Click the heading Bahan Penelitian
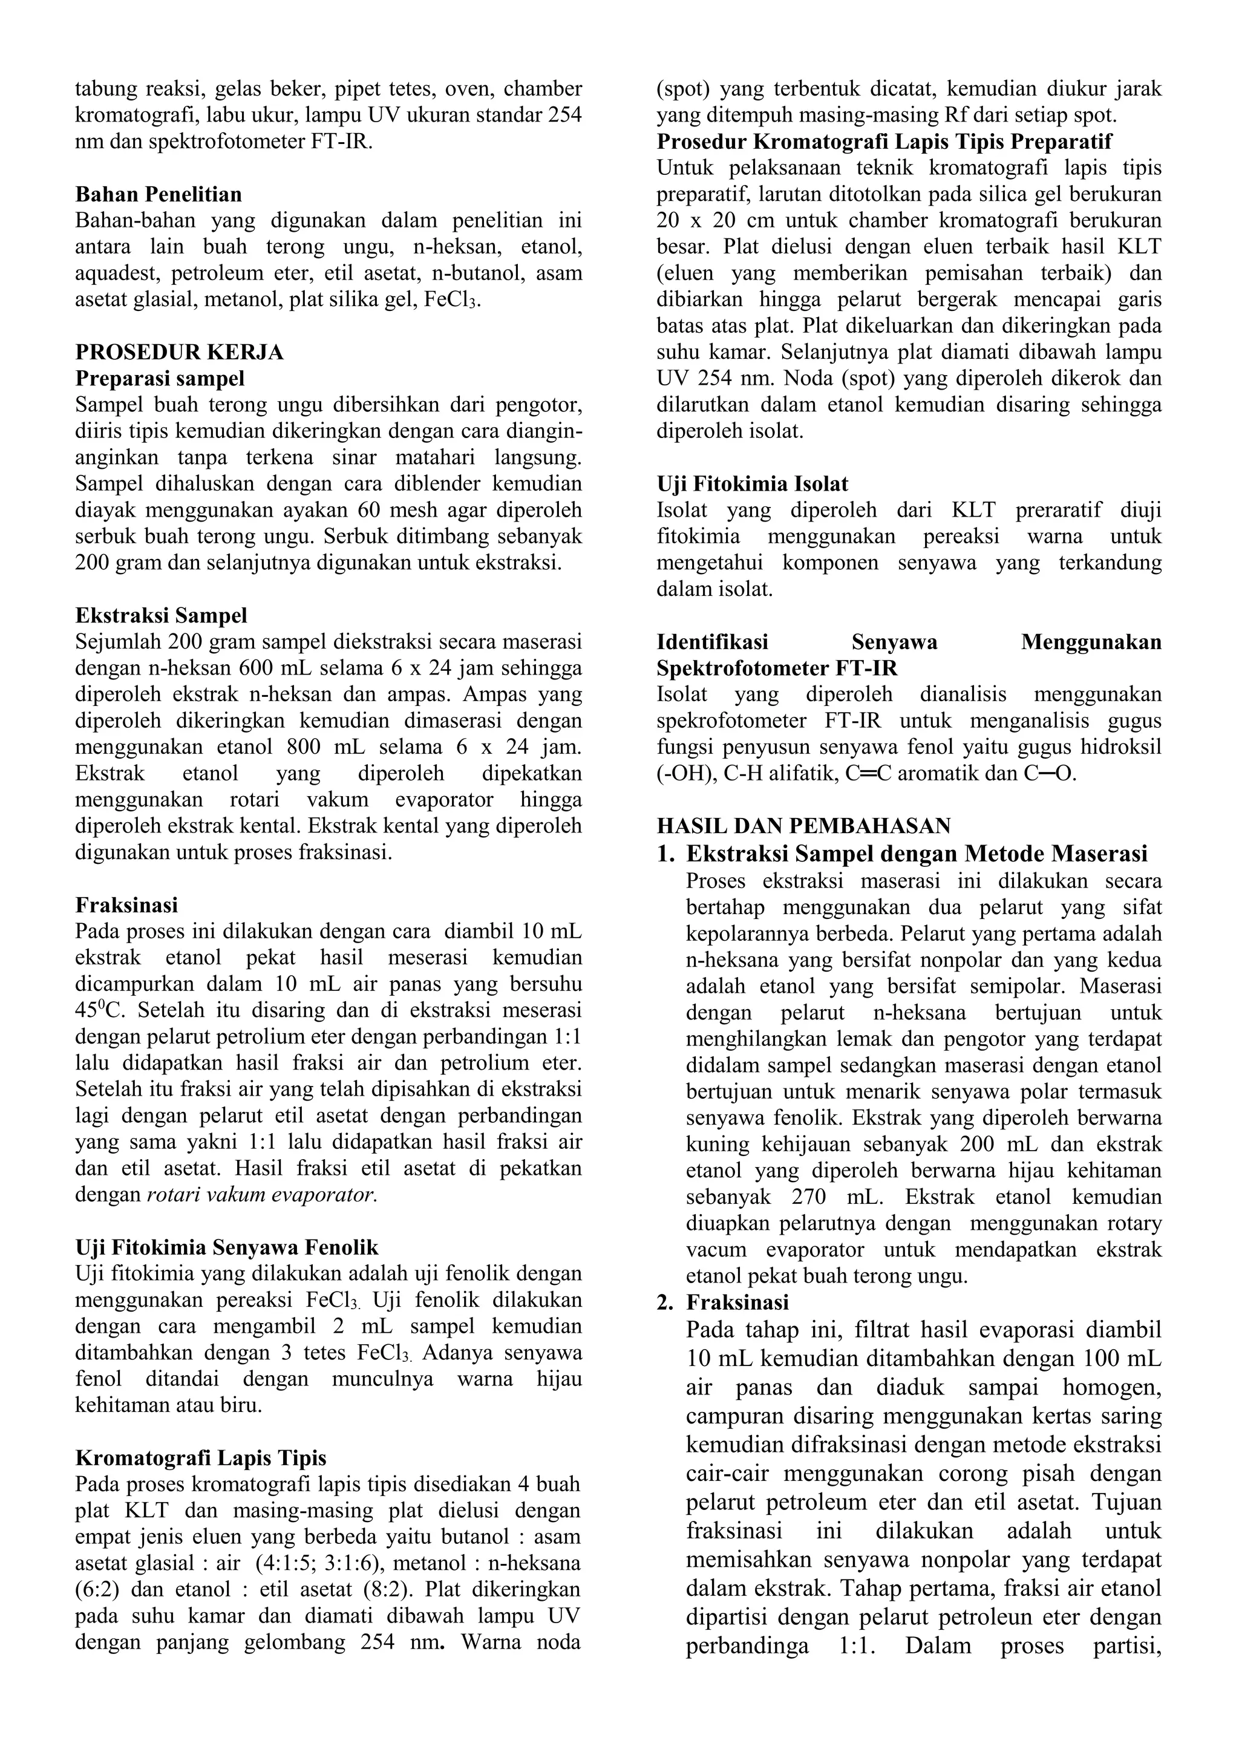(158, 195)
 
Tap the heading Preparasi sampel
(160, 379)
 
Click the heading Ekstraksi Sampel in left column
(161, 615)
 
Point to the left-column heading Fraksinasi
(126, 905)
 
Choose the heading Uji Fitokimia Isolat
(752, 484)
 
